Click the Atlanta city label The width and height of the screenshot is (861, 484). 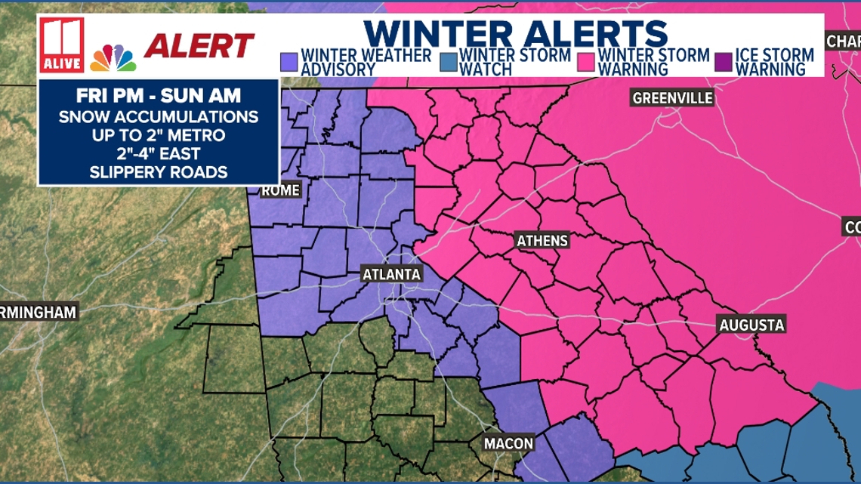[x=390, y=275]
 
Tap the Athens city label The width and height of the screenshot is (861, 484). [x=542, y=241]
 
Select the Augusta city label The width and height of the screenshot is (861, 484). [x=751, y=325]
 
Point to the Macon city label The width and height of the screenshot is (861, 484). [x=509, y=443]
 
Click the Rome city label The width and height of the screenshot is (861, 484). [x=280, y=191]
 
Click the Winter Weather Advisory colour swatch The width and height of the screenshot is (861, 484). [x=288, y=61]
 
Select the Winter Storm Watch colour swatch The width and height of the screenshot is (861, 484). [x=449, y=61]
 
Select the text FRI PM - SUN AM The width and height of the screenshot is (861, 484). [x=159, y=98]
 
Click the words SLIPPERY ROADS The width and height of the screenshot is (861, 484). [x=159, y=171]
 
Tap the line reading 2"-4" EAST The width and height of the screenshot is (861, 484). [x=159, y=153]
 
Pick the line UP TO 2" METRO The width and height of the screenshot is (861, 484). [x=159, y=135]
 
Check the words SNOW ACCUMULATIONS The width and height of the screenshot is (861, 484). [x=159, y=117]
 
